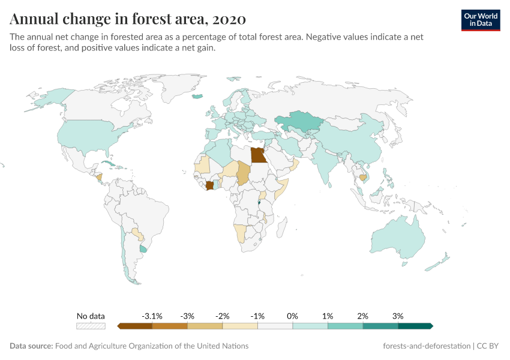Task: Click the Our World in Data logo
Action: pyautogui.click(x=480, y=20)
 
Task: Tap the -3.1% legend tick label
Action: pyautogui.click(x=152, y=316)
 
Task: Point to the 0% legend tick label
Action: pyautogui.click(x=293, y=316)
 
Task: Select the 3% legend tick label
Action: pyautogui.click(x=398, y=316)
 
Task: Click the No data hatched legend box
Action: pyautogui.click(x=91, y=326)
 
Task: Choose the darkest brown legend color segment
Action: pyautogui.click(x=135, y=326)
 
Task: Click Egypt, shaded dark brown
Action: pyautogui.click(x=258, y=155)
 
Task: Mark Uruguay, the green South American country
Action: pyautogui.click(x=143, y=248)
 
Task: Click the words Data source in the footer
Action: pyautogui.click(x=31, y=346)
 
